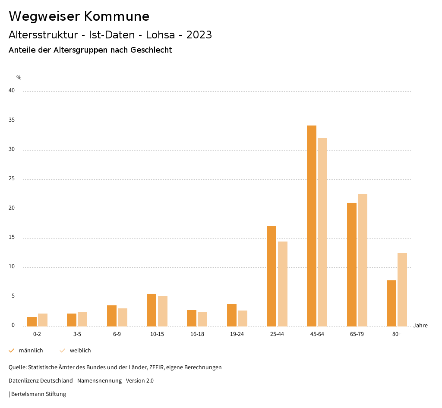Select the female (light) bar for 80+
(402, 289)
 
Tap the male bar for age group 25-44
(272, 276)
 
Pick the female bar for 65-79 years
(363, 260)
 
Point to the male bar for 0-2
(32, 322)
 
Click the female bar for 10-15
(163, 311)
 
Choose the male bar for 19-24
(232, 315)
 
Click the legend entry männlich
(31, 351)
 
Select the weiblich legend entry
(80, 351)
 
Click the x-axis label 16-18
(197, 334)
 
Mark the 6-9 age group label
(117, 334)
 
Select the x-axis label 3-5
(77, 334)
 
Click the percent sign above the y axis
(19, 78)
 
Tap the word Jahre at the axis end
(420, 326)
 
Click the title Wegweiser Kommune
(79, 16)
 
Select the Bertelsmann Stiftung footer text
(38, 394)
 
